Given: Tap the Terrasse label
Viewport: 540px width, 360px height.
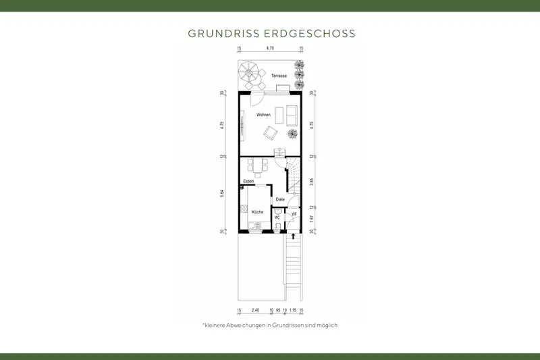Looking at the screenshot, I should [279, 76].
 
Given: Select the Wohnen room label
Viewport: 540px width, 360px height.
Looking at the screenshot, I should [263, 115].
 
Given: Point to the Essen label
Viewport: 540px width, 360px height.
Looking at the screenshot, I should [248, 181].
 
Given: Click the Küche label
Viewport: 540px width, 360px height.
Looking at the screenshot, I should [257, 212].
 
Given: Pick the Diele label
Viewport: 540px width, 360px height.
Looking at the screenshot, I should [280, 199].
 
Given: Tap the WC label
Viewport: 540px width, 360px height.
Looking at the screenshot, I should [277, 217].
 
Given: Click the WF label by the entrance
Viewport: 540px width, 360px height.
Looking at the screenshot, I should [294, 213].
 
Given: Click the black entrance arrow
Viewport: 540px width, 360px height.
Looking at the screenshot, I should [292, 236].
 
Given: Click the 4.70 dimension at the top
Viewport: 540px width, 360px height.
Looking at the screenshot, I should [270, 49].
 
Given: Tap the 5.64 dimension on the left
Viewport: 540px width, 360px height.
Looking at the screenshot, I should [223, 192].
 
